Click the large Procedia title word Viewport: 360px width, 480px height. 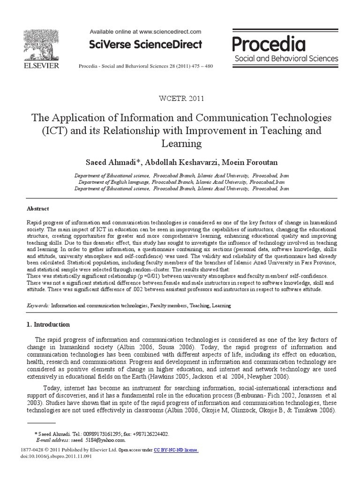[x=269, y=45]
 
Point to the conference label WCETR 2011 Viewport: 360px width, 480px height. [x=180, y=98]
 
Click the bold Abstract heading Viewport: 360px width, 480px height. [x=37, y=209]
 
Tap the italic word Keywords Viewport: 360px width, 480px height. [x=37, y=305]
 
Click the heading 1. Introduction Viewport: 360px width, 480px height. [x=48, y=324]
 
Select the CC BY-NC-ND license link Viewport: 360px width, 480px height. [x=176, y=450]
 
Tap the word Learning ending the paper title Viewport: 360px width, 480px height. [x=180, y=143]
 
